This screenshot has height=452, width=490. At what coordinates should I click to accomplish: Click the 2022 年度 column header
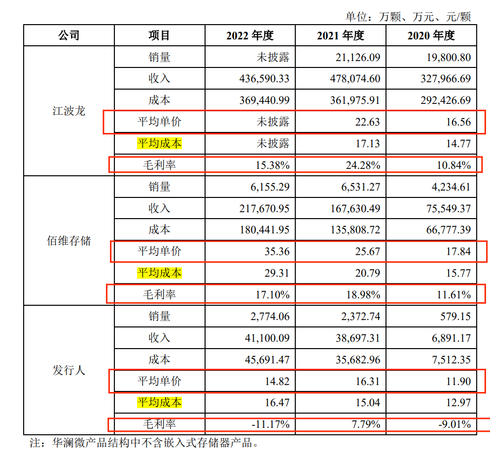point(249,35)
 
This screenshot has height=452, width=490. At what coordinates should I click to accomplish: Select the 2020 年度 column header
point(431,35)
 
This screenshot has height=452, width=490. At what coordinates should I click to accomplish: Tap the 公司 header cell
point(69,35)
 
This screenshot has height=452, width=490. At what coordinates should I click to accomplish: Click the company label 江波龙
point(69,111)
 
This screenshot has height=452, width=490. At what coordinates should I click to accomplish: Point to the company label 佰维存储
point(69,241)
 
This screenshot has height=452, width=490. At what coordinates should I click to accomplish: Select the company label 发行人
point(69,370)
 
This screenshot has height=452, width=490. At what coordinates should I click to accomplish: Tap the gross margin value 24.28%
point(362,165)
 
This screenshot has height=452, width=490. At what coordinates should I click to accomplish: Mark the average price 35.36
point(276,252)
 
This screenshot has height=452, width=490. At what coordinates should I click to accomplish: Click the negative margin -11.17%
point(270,424)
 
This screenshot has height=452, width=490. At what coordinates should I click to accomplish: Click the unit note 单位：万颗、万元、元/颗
point(408,17)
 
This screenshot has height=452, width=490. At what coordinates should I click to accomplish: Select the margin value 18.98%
point(362,295)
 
